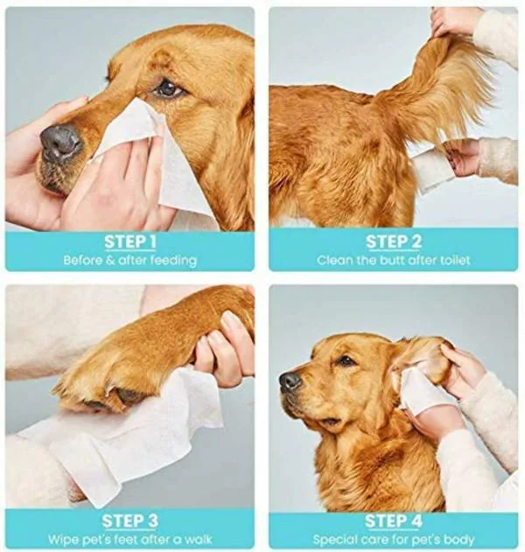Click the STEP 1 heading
[129, 241]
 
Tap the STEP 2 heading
[393, 241]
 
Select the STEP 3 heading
[129, 521]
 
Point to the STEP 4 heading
[393, 521]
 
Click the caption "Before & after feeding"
[129, 260]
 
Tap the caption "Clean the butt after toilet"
[393, 260]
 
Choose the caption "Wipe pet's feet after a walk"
[129, 539]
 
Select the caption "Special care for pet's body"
[393, 539]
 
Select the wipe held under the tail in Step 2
[430, 168]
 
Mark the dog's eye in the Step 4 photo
[346, 360]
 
